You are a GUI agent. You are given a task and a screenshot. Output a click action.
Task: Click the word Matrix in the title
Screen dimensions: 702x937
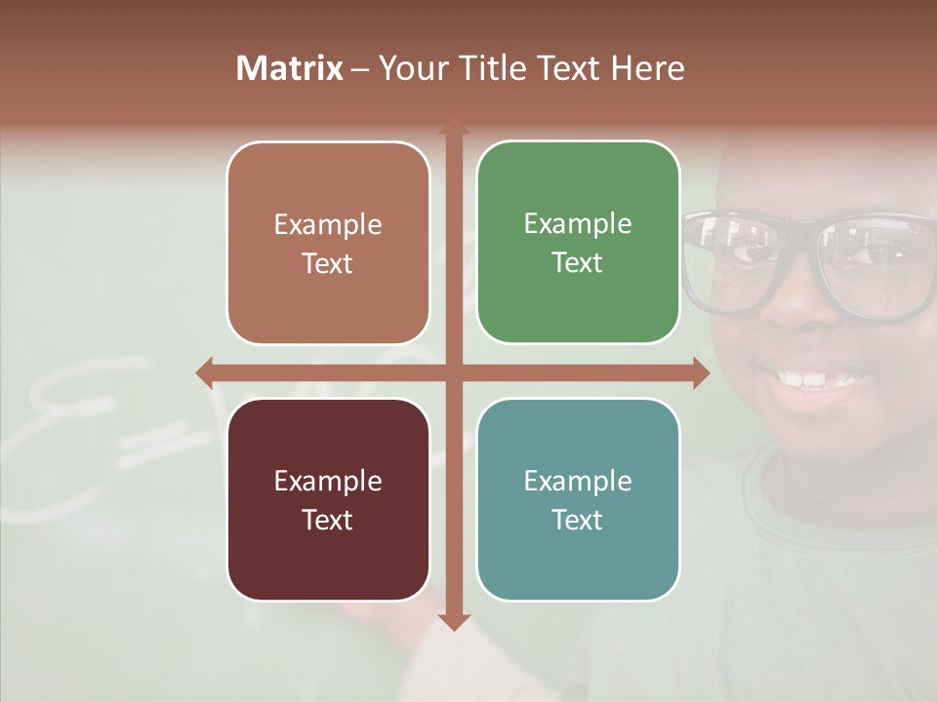289,68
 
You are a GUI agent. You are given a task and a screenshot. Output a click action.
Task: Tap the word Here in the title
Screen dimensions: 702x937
647,68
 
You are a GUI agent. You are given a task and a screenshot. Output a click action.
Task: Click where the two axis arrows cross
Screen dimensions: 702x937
454,372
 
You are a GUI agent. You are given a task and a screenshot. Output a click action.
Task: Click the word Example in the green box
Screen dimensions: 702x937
578,224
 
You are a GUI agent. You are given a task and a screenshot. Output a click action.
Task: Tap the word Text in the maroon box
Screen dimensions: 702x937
327,520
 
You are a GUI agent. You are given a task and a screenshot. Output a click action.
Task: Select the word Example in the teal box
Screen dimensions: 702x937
578,481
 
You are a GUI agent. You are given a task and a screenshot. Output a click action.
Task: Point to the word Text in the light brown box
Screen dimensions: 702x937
327,263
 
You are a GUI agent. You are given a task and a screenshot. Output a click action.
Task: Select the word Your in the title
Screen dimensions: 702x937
411,68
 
